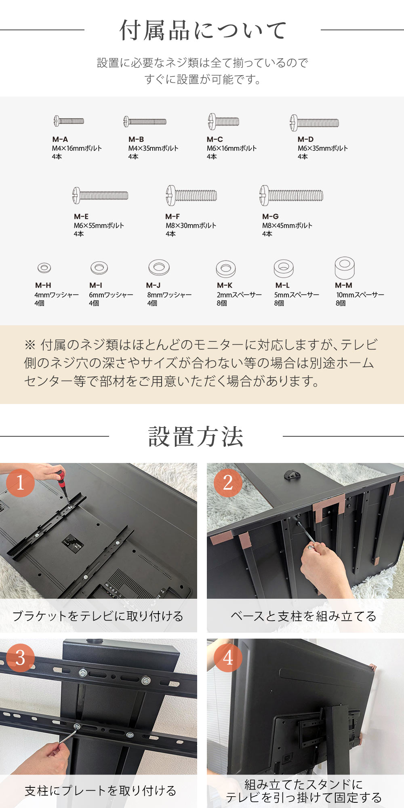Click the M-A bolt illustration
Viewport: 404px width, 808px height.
coord(69,121)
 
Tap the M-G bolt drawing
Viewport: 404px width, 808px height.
coord(291,196)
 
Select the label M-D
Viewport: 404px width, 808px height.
coord(305,139)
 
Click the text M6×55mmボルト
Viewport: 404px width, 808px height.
coord(99,225)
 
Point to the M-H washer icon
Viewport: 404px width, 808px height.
coord(44,267)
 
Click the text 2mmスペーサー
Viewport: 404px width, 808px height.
coord(239,295)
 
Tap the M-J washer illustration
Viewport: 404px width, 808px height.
coord(159,267)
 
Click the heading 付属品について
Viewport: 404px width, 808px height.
coord(203,30)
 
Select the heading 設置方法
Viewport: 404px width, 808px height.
coord(196,437)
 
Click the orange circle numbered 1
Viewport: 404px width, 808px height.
coord(20,483)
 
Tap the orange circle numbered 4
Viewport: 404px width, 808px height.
coord(228,658)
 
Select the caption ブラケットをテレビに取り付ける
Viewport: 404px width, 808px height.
coord(98,616)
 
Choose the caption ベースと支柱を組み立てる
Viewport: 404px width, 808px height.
coord(303,616)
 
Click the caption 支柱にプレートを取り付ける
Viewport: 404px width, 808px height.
coord(100,791)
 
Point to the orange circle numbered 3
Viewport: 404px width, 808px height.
coord(20,658)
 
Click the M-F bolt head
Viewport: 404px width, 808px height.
coord(171,196)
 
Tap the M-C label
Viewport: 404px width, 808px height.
coord(215,139)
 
